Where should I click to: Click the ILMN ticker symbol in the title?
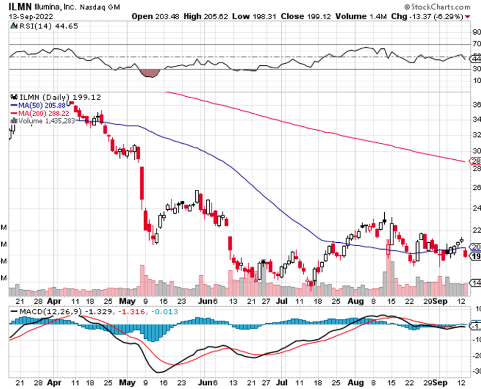tap(20, 7)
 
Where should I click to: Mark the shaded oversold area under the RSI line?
tap(150, 73)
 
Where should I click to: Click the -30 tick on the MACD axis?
tap(476, 370)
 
